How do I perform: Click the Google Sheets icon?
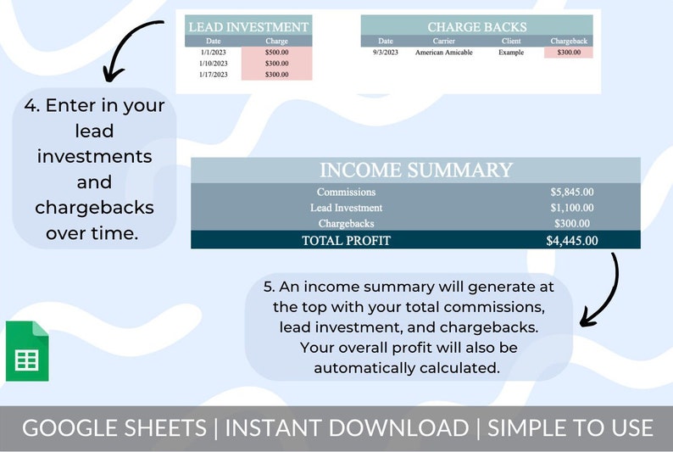pyautogui.click(x=27, y=352)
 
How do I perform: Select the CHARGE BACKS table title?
pyautogui.click(x=476, y=27)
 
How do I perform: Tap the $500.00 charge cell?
pyautogui.click(x=276, y=53)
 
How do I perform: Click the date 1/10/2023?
pyautogui.click(x=213, y=64)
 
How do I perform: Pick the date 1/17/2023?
pyautogui.click(x=213, y=75)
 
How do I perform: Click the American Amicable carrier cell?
pyautogui.click(x=443, y=53)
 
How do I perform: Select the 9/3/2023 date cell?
pyautogui.click(x=386, y=53)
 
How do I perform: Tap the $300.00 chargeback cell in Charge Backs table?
pyautogui.click(x=569, y=53)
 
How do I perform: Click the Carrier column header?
pyautogui.click(x=443, y=41)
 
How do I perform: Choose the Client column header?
pyautogui.click(x=511, y=41)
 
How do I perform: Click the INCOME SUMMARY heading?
pyautogui.click(x=415, y=170)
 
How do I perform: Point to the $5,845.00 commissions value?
pyautogui.click(x=571, y=192)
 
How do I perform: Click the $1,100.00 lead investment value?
pyautogui.click(x=571, y=208)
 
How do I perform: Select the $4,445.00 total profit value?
pyautogui.click(x=571, y=240)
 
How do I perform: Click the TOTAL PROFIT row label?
pyautogui.click(x=346, y=240)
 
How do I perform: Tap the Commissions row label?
pyautogui.click(x=346, y=192)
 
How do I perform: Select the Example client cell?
pyautogui.click(x=511, y=53)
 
